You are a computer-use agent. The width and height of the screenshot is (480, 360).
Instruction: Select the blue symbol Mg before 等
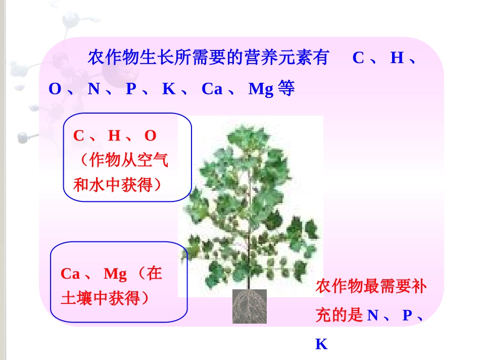261,89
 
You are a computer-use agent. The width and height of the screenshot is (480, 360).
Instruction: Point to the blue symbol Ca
212,89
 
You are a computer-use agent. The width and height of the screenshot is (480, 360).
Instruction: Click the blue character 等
286,89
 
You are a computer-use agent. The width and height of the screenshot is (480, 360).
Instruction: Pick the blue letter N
93,89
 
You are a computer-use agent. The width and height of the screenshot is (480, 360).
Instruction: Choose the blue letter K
168,89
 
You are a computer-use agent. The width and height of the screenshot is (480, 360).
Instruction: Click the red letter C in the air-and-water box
78,136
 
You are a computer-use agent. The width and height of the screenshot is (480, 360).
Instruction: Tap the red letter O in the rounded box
151,136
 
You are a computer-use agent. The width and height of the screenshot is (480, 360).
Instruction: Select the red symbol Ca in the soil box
70,274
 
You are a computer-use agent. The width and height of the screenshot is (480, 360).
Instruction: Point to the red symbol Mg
115,274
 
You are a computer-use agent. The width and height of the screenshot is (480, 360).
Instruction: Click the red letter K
321,344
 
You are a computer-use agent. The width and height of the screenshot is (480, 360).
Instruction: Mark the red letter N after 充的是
373,316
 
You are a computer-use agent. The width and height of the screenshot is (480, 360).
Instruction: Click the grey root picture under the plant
249,306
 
